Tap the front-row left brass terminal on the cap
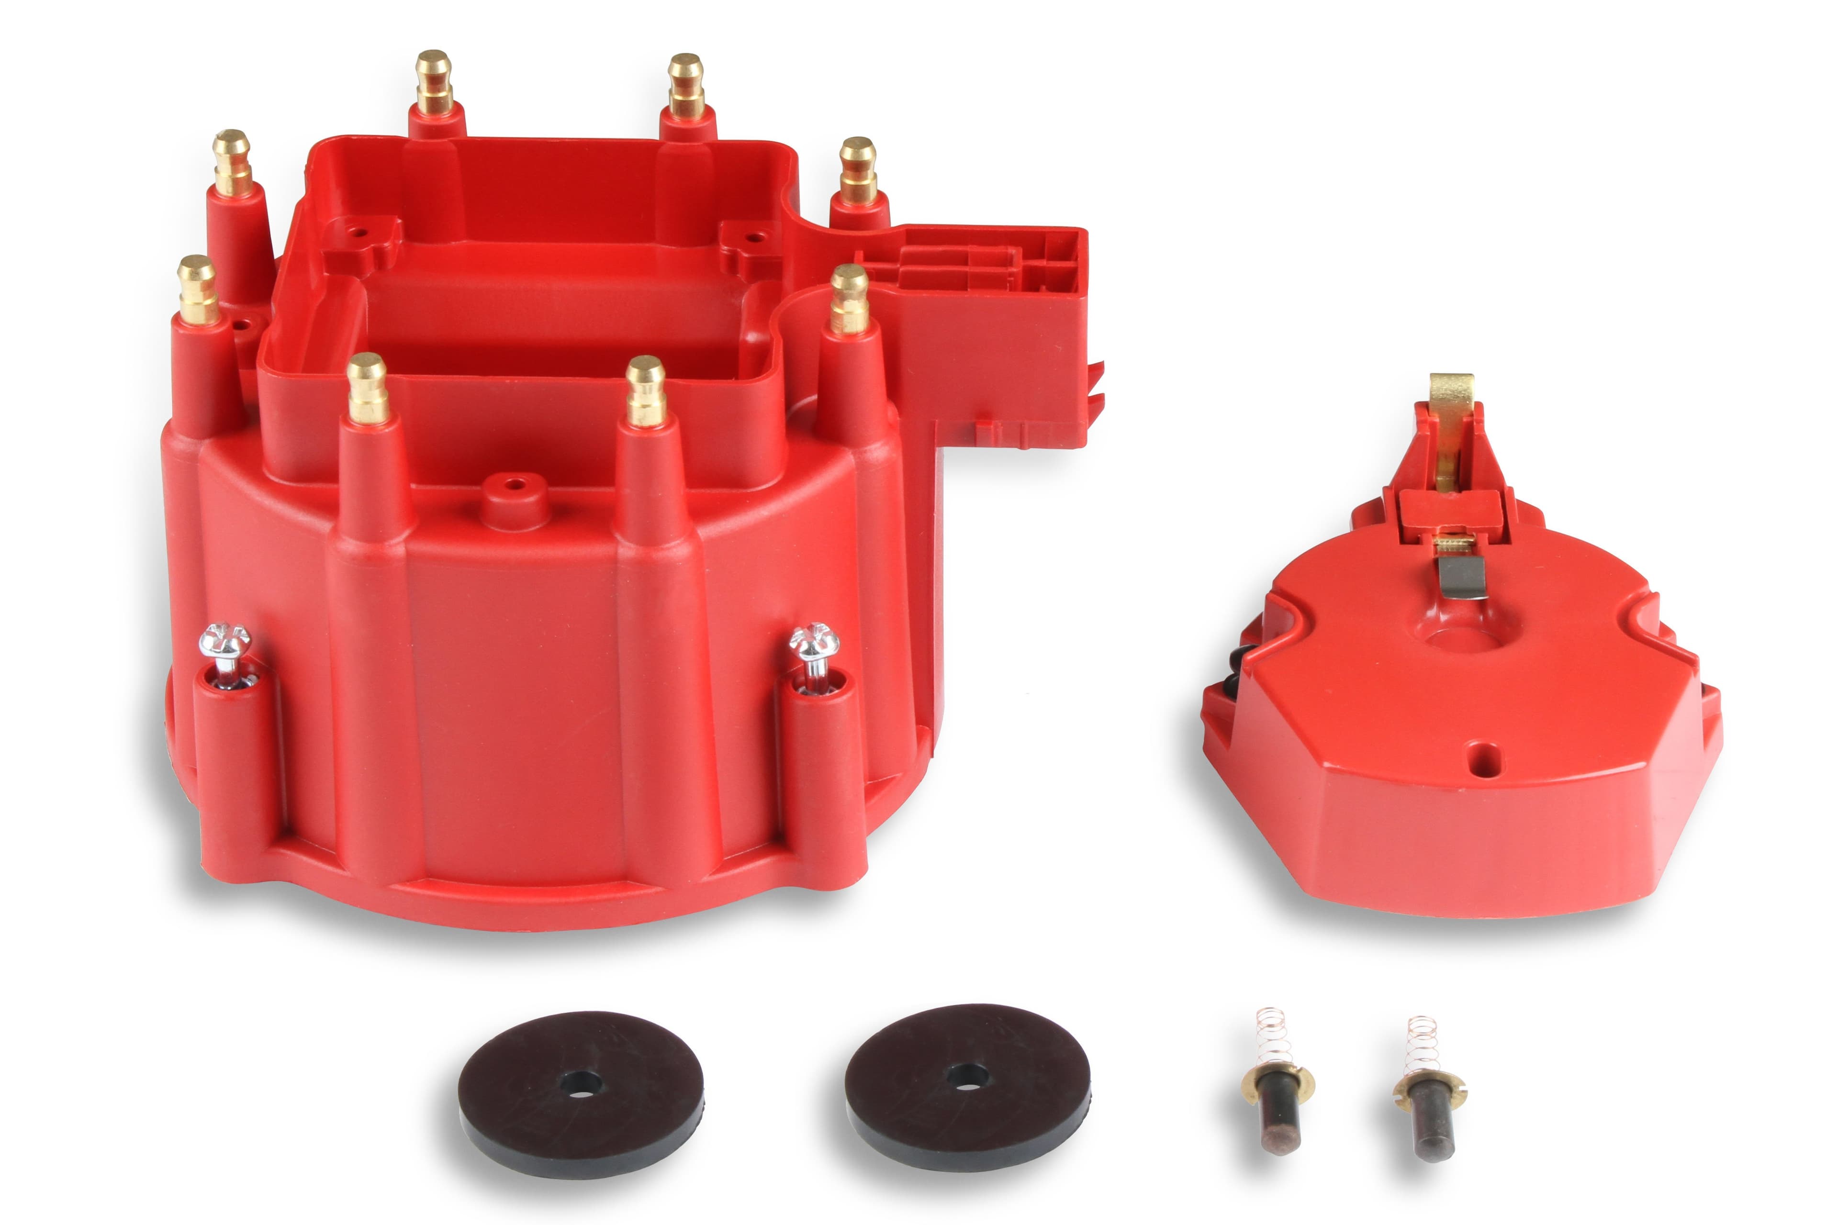[367, 387]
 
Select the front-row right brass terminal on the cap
[646, 389]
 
